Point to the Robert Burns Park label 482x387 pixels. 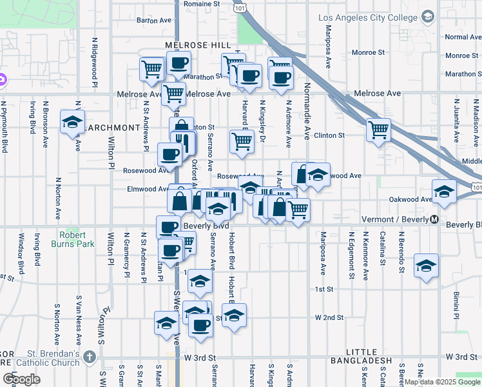click(77, 239)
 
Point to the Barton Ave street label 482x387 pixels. click(154, 21)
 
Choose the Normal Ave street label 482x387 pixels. click(463, 37)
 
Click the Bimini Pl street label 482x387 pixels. click(456, 304)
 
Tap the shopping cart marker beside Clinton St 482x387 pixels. click(378, 129)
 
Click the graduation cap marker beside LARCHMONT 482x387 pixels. click(72, 121)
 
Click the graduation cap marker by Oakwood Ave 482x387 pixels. click(443, 191)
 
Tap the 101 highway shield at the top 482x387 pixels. click(240, 8)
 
